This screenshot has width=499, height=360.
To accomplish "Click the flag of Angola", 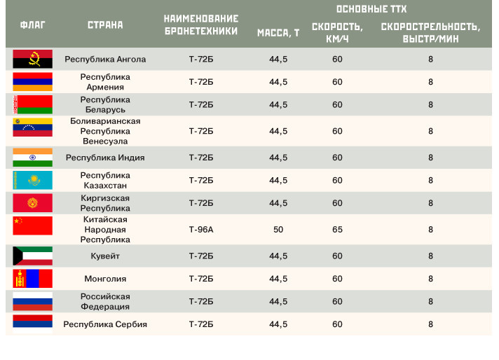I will [32, 59].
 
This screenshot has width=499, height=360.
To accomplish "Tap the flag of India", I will [32, 158].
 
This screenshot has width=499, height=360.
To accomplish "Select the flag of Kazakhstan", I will [32, 180].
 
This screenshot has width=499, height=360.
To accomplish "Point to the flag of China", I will [32, 226].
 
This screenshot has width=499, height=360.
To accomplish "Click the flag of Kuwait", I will [32, 256].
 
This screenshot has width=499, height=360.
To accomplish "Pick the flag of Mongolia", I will [32, 279].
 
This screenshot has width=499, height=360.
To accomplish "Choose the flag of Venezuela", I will [32, 127].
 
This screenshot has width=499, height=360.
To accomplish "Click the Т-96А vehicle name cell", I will [201, 229].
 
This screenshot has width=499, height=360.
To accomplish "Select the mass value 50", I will [278, 229].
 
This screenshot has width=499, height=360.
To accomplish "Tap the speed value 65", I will [337, 229].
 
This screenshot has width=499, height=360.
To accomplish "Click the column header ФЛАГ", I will [33, 25].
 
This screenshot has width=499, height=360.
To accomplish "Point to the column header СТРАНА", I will [105, 25].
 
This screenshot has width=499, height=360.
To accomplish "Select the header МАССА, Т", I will [278, 33].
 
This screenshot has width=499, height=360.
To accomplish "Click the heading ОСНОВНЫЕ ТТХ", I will [371, 9].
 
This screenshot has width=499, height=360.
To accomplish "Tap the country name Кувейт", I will [105, 256].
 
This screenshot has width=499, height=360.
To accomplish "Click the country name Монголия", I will [105, 279].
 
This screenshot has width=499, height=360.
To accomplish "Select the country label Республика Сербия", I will [105, 324].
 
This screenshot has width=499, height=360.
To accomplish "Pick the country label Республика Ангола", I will [105, 60].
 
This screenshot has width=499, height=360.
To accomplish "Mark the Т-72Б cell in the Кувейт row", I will [201, 256].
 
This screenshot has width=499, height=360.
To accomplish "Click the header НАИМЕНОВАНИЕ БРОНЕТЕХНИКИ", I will [201, 25].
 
